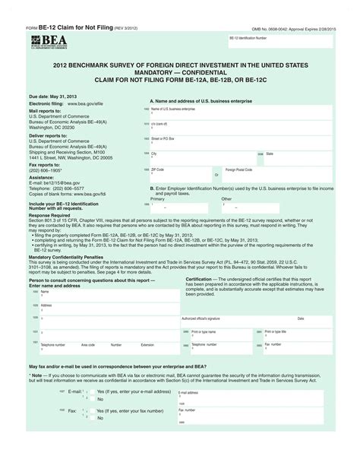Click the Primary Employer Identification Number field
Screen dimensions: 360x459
pos(182,206)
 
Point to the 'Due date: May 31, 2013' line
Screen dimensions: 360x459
pos(54,97)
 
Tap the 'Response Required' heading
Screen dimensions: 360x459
pos(49,215)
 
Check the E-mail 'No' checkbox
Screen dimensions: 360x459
pos(90,397)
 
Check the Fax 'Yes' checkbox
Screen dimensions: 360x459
pos(90,410)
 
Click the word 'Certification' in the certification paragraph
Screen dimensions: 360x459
pos(200,279)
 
